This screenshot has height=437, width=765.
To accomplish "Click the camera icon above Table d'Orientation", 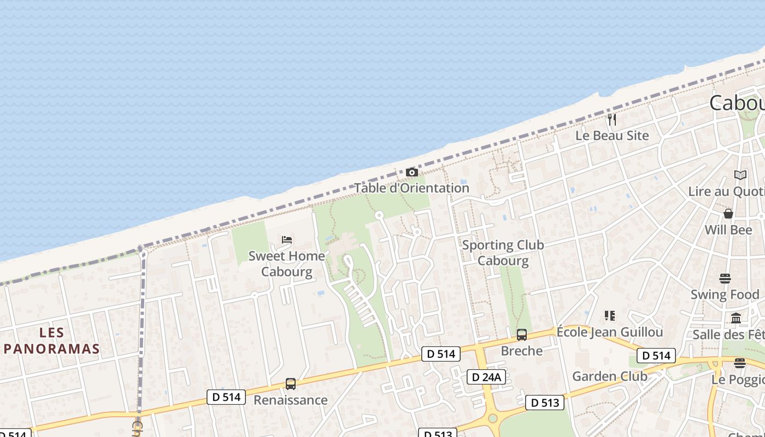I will coord(412,173).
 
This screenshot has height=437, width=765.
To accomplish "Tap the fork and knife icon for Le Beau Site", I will coord(612,119).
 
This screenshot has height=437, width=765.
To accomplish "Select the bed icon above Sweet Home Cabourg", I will coord(287,239).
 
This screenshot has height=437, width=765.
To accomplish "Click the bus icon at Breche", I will coord(522,335).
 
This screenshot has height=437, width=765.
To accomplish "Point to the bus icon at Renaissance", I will coord(291,384).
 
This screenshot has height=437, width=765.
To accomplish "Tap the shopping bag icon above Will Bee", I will coord(728,213).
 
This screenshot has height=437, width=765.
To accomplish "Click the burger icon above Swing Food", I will coord(725,279).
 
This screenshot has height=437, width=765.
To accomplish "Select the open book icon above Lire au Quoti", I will coord(740,175).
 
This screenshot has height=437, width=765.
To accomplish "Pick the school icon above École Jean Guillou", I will coord(610,315).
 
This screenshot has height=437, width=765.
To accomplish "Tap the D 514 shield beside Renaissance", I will coord(226,397).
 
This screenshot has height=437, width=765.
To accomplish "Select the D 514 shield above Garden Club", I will coord(656,356).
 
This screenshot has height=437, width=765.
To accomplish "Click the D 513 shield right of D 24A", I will coord(545,403).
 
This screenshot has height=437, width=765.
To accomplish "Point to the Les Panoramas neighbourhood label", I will coord(52,340).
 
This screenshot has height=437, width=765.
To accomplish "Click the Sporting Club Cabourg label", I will coord(503,252).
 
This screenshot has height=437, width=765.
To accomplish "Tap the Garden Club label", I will coord(609,376).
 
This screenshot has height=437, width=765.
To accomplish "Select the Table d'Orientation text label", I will coord(412,188).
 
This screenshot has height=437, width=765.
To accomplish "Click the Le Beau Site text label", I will coord(612,135).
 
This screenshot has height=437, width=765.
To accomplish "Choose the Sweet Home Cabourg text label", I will coord(287,263).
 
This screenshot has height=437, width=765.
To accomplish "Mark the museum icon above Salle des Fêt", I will coord(736,318).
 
